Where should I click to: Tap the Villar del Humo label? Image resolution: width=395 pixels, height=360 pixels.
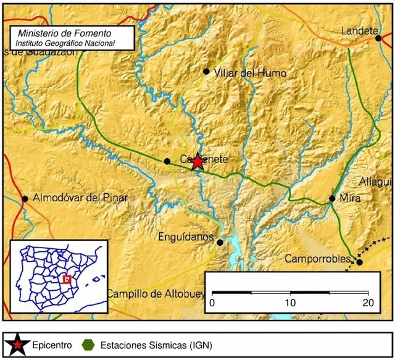pos(249,73)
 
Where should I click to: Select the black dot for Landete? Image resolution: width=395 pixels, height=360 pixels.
pos(378,38)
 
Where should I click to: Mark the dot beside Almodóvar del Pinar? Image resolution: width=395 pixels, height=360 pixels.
pos(25,199)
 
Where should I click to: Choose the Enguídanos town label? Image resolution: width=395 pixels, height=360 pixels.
pos(185,237)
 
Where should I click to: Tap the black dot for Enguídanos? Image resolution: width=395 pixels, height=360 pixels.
pos(220,243)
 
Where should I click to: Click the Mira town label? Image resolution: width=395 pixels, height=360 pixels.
pos(349,198)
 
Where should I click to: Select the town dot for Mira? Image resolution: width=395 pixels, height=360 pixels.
pos(332,198)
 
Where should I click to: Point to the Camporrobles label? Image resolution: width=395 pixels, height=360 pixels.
pos(317,259)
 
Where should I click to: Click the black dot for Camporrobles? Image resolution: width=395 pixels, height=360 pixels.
pos(359,262)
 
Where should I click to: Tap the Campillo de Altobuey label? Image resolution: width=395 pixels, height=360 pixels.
pos(155,294)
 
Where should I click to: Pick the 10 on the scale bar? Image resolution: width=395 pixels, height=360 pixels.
pos(290,303)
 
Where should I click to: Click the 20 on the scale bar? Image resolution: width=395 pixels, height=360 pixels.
pos(368,303)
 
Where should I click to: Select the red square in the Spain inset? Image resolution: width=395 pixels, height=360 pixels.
pos(68,279)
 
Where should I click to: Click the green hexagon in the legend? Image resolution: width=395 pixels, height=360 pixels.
pos(89,345)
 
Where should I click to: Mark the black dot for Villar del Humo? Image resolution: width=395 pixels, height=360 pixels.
pos(206,71)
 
